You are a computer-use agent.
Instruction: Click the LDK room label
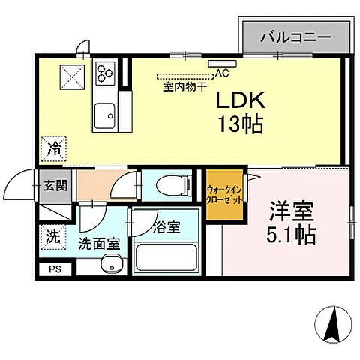240,100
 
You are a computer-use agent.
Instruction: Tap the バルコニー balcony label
296,37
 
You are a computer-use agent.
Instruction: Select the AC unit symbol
222,64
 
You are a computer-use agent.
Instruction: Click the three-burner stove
105,73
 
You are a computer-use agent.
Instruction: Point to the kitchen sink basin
105,115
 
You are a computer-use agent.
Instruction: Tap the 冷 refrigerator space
54,149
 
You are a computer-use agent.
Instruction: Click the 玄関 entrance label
55,186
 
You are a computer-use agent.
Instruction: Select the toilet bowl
172,185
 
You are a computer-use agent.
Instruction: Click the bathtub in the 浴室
166,257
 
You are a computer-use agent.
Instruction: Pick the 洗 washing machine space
53,237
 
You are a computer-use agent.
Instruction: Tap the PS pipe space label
55,269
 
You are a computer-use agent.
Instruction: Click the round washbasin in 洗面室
112,264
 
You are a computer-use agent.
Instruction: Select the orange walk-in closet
224,195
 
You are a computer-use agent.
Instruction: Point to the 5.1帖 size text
291,235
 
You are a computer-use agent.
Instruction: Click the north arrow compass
333,324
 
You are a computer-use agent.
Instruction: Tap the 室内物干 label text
184,87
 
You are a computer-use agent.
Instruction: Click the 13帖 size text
241,124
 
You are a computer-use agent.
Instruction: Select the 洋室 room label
292,211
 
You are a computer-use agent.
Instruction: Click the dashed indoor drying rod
185,76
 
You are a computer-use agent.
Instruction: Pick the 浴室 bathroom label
166,227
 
